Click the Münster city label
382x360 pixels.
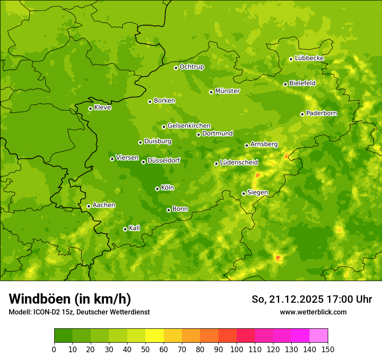pos(227,91)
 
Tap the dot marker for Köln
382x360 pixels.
pos(157,189)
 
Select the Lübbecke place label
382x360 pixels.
pos(309,58)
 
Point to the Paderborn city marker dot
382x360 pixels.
pos(302,114)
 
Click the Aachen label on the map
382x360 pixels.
pos(104,205)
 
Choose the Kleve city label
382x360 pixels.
pos(102,108)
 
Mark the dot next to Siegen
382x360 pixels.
pos(244,193)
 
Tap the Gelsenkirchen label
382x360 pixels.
pos(189,126)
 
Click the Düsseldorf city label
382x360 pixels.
pos(164,160)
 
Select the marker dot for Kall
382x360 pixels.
pos(125,229)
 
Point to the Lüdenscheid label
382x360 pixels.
pos(239,163)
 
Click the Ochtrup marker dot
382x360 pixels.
pos(176,68)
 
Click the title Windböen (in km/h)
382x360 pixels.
pos(70,299)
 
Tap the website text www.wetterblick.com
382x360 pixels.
pos(313,312)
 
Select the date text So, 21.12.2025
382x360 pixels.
pos(287,299)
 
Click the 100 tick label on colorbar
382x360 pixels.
pos(237,350)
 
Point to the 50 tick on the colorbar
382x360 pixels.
pos(145,350)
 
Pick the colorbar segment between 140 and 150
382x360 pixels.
pos(319,336)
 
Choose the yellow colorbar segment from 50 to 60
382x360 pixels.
pos(155,336)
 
